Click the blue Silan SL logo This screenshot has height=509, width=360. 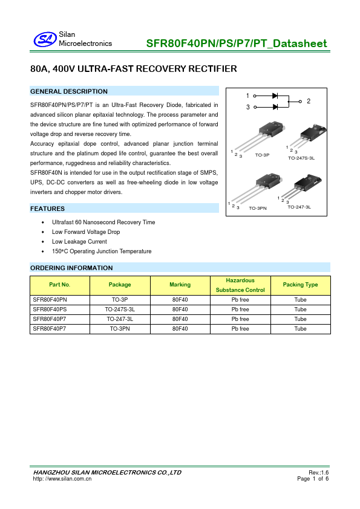pyautogui.click(x=45, y=39)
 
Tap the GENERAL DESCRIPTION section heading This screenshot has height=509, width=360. pyautogui.click(x=69, y=91)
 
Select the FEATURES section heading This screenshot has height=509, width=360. pyautogui.click(x=47, y=209)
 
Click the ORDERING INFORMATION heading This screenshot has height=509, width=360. pyautogui.click(x=71, y=268)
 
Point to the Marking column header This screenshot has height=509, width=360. pyautogui.click(x=180, y=285)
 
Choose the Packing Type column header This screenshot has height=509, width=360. pyautogui.click(x=300, y=285)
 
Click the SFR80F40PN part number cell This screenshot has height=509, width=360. pyautogui.click(x=50, y=300)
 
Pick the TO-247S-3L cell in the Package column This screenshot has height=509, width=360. pyautogui.click(x=120, y=310)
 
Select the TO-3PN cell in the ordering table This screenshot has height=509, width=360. pyautogui.click(x=120, y=329)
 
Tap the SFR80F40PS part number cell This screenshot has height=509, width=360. pyautogui.click(x=50, y=310)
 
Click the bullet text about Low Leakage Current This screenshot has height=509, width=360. pyautogui.click(x=79, y=242)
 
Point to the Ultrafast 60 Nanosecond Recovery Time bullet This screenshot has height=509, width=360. pyautogui.click(x=103, y=222)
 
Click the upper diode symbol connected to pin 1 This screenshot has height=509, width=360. pyautogui.click(x=275, y=96)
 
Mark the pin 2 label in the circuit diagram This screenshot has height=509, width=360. pyautogui.click(x=309, y=102)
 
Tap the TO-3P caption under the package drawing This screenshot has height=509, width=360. pyautogui.click(x=262, y=155)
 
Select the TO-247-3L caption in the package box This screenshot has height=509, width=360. pyautogui.click(x=299, y=207)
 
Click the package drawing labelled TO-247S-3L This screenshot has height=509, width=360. pyautogui.click(x=307, y=138)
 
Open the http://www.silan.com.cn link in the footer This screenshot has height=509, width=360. pyautogui.click(x=62, y=479)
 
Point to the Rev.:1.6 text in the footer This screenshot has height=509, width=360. pyautogui.click(x=318, y=473)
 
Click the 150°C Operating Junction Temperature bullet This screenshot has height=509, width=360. pyautogui.click(x=102, y=251)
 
